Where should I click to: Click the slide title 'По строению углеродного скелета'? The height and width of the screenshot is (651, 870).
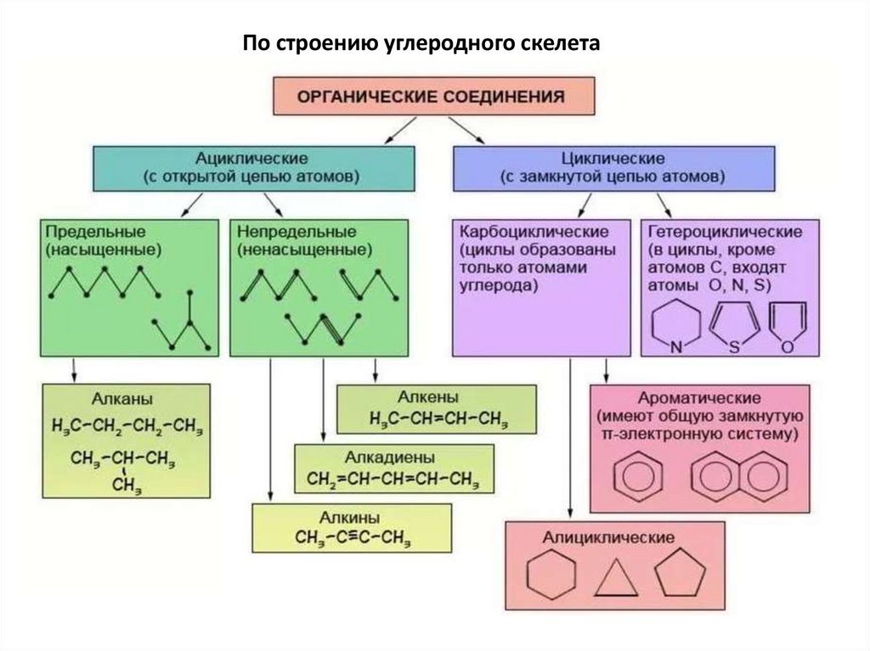tap(421, 44)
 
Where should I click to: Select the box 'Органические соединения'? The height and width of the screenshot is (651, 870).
tap(433, 96)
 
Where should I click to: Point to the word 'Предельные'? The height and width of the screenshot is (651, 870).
tap(96, 232)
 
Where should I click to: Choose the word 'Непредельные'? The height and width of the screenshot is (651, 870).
tap(296, 232)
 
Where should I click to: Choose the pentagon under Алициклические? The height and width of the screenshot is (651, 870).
tap(680, 575)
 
